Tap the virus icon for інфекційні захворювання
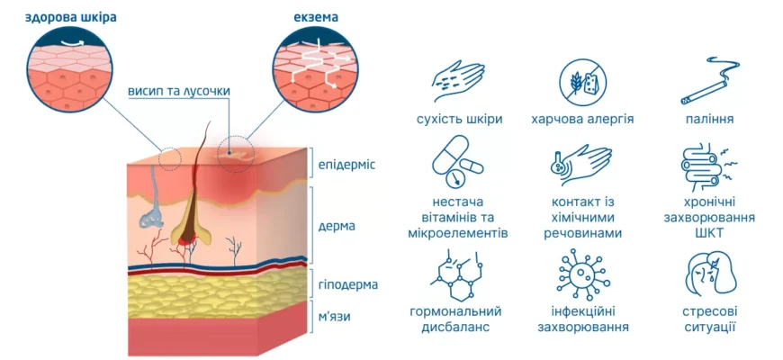[x=582, y=275]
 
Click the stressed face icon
[x=709, y=275]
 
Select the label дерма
[x=337, y=226]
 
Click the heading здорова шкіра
[x=70, y=17]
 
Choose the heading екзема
[x=316, y=17]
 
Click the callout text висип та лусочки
[x=178, y=92]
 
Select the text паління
[x=708, y=120]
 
